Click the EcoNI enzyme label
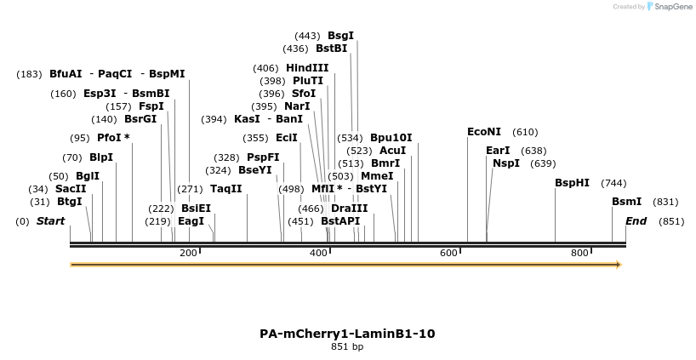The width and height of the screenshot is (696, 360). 484,132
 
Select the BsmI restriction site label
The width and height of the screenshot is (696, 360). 626,202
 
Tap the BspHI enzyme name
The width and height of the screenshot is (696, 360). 572,183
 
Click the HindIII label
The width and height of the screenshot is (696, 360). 307,68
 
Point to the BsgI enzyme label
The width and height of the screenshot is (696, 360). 340,36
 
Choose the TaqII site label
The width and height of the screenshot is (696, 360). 225,189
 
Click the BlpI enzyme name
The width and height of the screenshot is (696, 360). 101,157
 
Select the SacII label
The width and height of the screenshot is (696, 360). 71,189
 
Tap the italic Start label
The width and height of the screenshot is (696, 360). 50,221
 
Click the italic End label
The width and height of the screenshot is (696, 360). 636,221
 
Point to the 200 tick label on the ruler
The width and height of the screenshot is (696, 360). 188,254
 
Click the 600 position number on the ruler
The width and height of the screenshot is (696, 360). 448,254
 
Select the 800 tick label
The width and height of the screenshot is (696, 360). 579,254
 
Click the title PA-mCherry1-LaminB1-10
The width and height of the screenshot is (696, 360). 347,334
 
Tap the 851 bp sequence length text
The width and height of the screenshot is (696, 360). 347,347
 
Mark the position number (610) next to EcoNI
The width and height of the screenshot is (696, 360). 525,132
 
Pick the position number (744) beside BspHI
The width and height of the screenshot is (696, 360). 613,183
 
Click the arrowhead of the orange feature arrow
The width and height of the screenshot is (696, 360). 619,265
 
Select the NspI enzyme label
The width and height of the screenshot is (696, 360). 505,163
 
